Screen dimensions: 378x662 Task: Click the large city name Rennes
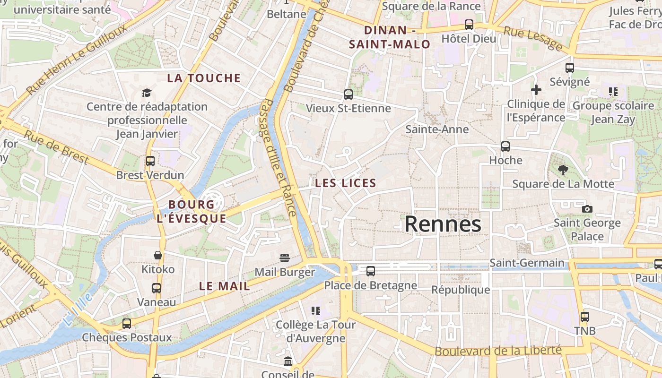click(x=443, y=224)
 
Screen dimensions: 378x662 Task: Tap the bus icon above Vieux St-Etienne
click(x=348, y=94)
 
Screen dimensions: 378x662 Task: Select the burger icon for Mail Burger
click(x=285, y=258)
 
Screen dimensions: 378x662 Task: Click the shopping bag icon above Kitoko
click(x=158, y=256)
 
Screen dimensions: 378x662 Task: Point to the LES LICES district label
click(x=346, y=183)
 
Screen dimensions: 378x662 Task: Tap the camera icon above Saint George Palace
click(x=587, y=209)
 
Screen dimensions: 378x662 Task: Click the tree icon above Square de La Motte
click(x=563, y=170)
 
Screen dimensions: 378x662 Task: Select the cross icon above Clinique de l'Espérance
click(x=536, y=90)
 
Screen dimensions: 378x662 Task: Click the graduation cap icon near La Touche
click(x=147, y=93)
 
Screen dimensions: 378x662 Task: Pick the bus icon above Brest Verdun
click(x=150, y=161)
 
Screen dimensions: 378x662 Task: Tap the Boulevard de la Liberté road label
click(x=498, y=351)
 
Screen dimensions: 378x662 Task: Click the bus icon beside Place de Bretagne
click(x=371, y=271)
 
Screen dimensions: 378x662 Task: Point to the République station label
click(x=461, y=290)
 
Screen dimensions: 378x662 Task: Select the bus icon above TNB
click(x=585, y=317)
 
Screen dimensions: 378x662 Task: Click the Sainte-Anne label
click(x=437, y=129)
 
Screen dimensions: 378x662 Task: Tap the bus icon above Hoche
click(x=505, y=146)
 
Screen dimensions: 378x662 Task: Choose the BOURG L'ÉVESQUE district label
click(x=191, y=211)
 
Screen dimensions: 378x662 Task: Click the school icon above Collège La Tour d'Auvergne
click(x=315, y=311)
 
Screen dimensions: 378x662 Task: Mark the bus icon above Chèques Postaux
click(x=127, y=324)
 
